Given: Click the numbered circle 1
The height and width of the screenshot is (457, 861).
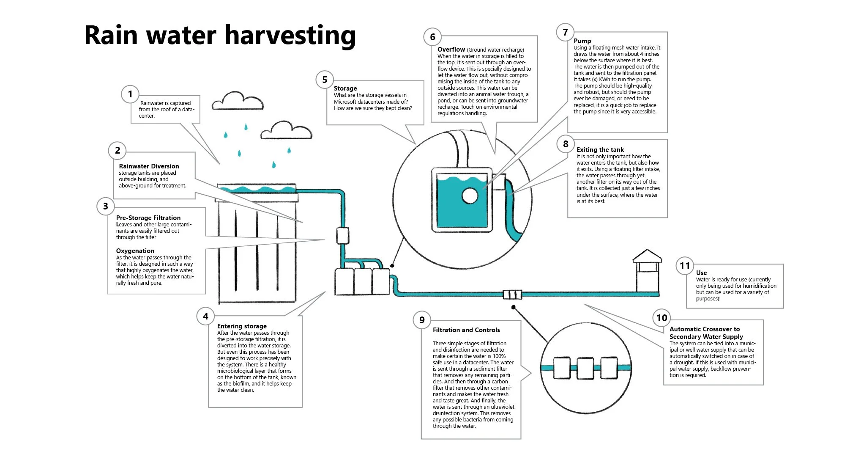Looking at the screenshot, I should coord(130,94).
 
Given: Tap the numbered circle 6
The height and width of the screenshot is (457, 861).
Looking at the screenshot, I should coord(432,37).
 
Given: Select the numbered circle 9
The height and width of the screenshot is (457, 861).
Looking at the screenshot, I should coord(422,320).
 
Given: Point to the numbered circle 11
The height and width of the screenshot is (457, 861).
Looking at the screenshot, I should coord(685,266).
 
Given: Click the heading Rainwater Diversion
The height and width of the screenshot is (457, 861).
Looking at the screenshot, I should coord(149,166).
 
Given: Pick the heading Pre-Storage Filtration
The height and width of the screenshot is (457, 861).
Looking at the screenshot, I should coord(148,218).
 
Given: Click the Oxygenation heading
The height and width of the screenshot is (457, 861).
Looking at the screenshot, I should coord(135,251).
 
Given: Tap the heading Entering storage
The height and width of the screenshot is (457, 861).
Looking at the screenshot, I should coord(242,326).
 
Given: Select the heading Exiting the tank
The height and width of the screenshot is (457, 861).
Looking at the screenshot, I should coord(600,150).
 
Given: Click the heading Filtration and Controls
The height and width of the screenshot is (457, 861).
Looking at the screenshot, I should coord(466,330).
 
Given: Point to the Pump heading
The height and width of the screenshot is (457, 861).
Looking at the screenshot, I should coord(582,41).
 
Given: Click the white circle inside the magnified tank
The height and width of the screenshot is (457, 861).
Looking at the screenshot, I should coord(470,196).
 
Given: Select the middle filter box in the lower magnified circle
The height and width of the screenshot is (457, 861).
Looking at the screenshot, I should coord(585,368).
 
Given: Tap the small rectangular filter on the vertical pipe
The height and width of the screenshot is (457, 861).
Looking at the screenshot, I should coord(342,236).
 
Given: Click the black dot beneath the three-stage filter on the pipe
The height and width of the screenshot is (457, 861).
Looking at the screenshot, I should coord(514,307).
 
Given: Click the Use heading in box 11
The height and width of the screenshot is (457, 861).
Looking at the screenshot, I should coord(701,273).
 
